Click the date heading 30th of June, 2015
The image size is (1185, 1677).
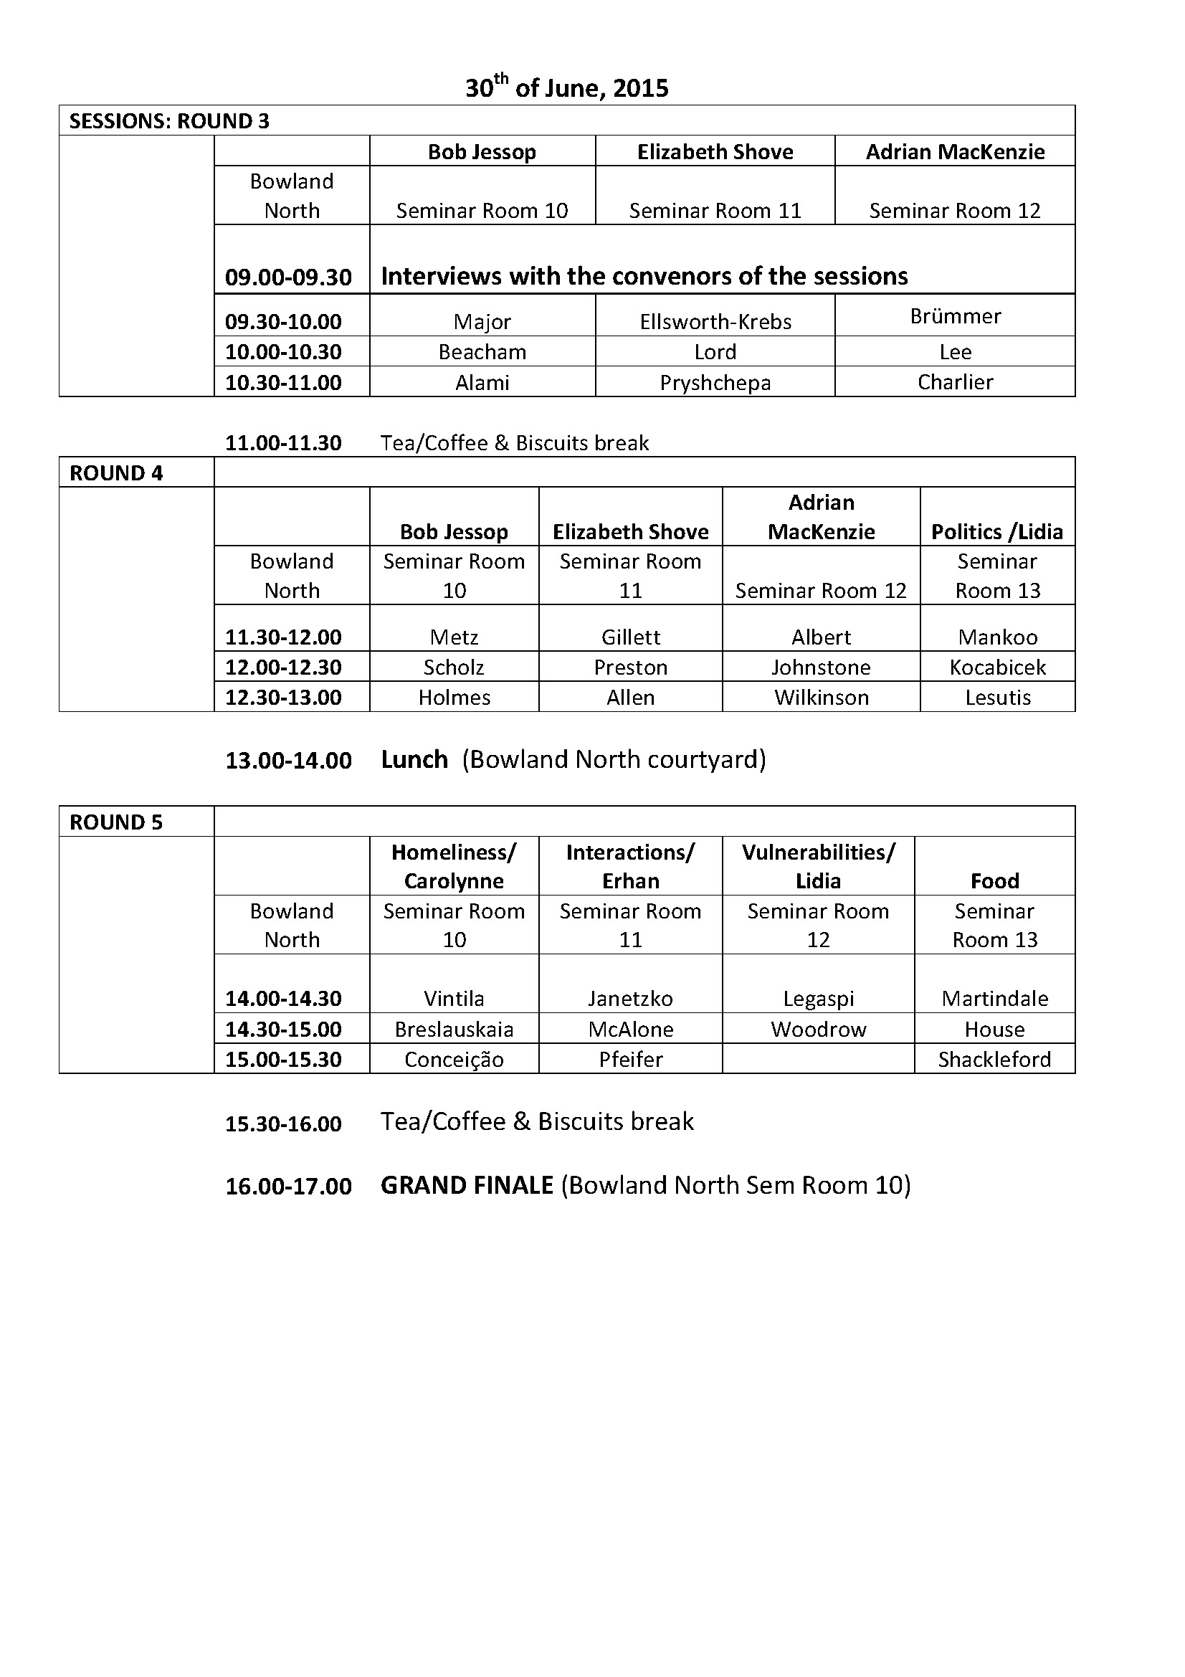pos(566,88)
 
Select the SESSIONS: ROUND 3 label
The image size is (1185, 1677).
pos(168,121)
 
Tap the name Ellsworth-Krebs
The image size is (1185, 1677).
pos(715,322)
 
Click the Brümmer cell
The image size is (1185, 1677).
pos(955,316)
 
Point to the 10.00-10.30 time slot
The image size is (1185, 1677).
pos(283,352)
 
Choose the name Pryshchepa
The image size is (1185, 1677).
pos(715,383)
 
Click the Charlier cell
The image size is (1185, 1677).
pos(955,382)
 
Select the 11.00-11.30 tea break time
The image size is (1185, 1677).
pos(283,443)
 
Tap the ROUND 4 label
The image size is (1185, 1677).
pos(116,473)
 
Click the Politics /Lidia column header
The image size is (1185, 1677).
pos(996,532)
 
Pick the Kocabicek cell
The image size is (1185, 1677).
pos(997,667)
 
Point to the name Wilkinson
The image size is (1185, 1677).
pos(822,698)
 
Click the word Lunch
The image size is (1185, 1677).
pos(414,759)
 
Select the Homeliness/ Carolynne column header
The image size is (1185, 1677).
pos(453,866)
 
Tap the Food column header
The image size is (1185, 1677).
pos(994,881)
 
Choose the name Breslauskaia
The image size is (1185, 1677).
pos(453,1030)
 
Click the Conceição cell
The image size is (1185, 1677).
pos(453,1060)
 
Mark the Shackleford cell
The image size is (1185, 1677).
pos(994,1060)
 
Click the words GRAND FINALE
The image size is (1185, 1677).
pos(467,1185)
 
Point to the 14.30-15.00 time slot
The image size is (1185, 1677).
pos(283,1030)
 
